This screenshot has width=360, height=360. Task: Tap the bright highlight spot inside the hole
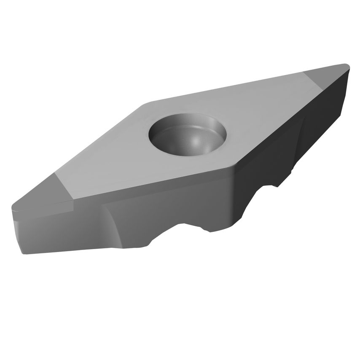coord(199,142)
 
